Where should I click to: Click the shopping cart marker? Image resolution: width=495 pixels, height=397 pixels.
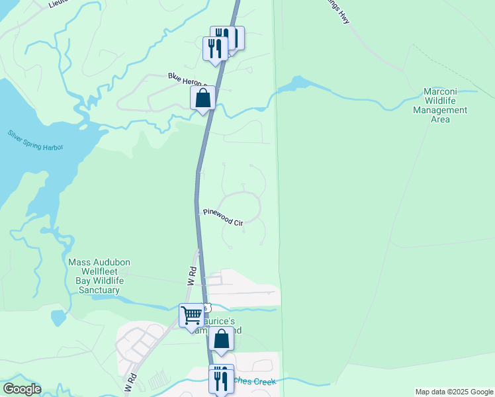tap(191, 315)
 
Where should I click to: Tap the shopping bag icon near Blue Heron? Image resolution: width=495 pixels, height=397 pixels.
tap(202, 98)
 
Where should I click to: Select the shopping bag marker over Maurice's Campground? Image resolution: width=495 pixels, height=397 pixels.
tap(221, 339)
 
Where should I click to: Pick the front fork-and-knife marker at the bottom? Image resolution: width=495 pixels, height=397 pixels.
tap(219, 380)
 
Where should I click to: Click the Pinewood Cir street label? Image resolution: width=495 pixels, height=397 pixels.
tap(223, 218)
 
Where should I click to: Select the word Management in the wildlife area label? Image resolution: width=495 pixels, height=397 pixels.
tap(440, 110)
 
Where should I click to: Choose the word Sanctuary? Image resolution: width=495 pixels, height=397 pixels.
tap(97, 290)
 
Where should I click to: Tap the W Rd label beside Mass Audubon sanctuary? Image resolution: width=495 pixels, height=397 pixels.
tap(191, 277)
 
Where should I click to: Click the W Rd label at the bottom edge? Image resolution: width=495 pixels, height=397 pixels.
tap(130, 383)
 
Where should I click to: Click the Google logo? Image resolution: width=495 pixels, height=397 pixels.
tap(21, 389)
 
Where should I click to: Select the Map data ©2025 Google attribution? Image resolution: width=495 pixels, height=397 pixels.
tap(454, 392)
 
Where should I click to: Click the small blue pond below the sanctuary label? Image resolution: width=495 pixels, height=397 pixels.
tap(58, 318)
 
